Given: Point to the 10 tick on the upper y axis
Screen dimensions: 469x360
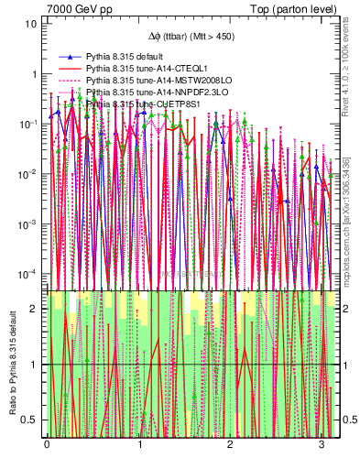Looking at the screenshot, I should (30, 24).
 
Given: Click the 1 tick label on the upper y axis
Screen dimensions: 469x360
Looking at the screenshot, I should (33, 73).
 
